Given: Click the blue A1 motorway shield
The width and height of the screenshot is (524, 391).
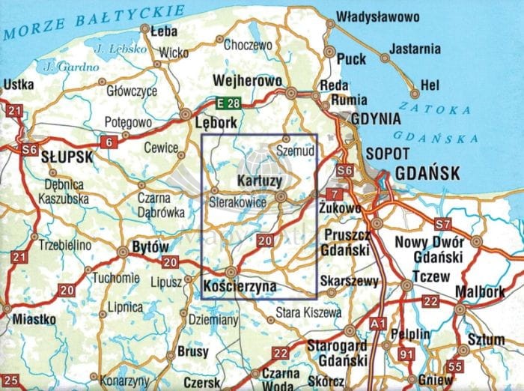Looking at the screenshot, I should click(x=379, y=322).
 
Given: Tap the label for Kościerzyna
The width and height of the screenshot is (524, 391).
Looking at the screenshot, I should click(x=240, y=286).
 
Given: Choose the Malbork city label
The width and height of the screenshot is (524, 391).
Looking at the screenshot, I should click(x=479, y=292).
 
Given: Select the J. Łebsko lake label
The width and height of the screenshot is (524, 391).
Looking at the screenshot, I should click(x=113, y=49).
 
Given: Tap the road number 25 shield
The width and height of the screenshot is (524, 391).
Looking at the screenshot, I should click(x=10, y=381).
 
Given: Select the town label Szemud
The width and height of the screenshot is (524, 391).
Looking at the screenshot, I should click(x=298, y=149).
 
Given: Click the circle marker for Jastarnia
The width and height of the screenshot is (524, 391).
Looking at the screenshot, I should click(x=383, y=58).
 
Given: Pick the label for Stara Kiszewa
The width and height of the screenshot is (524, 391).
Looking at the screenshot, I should click(x=308, y=311).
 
